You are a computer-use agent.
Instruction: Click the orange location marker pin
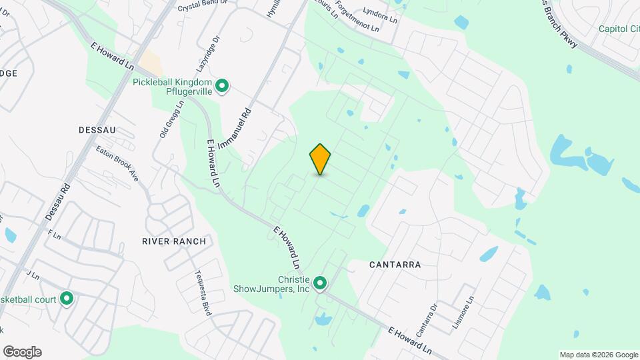coord(321,159)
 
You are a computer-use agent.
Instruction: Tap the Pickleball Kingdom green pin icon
coord(224,86)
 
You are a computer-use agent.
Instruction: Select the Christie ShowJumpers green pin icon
coord(320,284)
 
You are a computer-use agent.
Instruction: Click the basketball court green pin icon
coord(67,299)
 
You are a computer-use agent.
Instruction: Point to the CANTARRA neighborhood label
coord(395,265)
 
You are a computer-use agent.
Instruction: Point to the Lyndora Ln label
coord(381,15)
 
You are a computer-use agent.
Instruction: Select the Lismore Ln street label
coord(464,311)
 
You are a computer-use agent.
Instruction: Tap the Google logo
coord(22,351)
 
